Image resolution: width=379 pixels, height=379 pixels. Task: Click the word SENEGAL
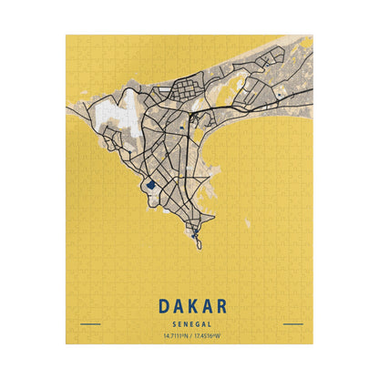point(189,323)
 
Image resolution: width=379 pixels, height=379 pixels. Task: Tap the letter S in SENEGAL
point(171,323)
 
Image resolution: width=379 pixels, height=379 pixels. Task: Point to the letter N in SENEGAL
point(183,323)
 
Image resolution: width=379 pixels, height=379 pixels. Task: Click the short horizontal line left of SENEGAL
point(90,323)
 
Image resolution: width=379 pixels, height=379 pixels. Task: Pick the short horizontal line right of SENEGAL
point(292,323)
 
